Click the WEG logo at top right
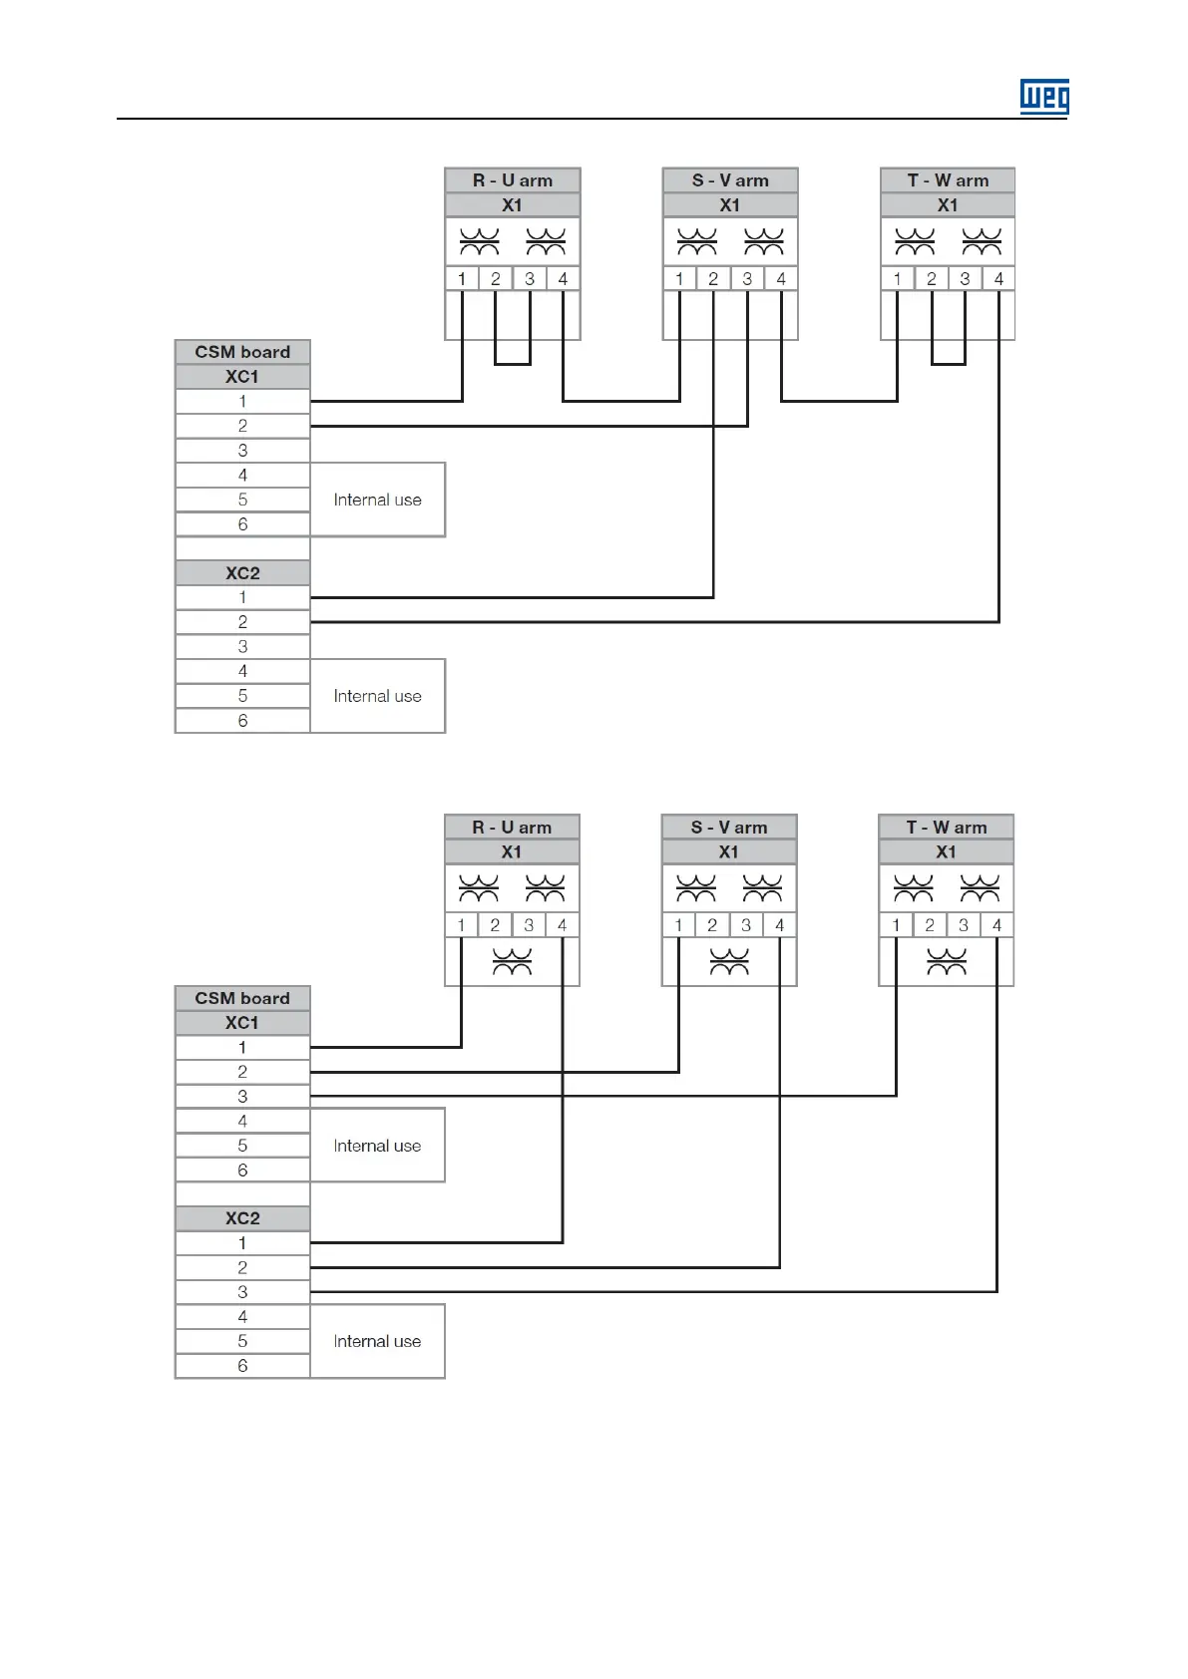pos(1043,97)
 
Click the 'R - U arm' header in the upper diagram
pos(512,180)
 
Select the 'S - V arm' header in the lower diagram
pos(729,828)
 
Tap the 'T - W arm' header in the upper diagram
pos(948,180)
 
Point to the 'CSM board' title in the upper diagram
pos(242,352)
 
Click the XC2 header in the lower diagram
pos(242,1218)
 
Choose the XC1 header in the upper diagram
pos(242,377)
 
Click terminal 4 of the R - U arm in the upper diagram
pos(563,279)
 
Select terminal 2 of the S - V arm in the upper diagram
pos(713,279)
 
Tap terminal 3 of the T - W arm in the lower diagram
pos(963,925)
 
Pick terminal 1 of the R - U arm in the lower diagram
pos(461,925)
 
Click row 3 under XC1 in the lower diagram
pos(242,1097)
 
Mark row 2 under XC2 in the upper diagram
pos(242,622)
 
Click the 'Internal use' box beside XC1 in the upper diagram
pos(377,500)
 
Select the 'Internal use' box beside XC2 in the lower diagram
pos(377,1341)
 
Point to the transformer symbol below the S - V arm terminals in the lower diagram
pos(729,962)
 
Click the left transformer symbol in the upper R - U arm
pos(479,241)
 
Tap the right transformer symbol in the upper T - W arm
pos(982,241)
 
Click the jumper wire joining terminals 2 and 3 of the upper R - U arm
pos(513,364)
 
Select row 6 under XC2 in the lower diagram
pos(242,1366)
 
